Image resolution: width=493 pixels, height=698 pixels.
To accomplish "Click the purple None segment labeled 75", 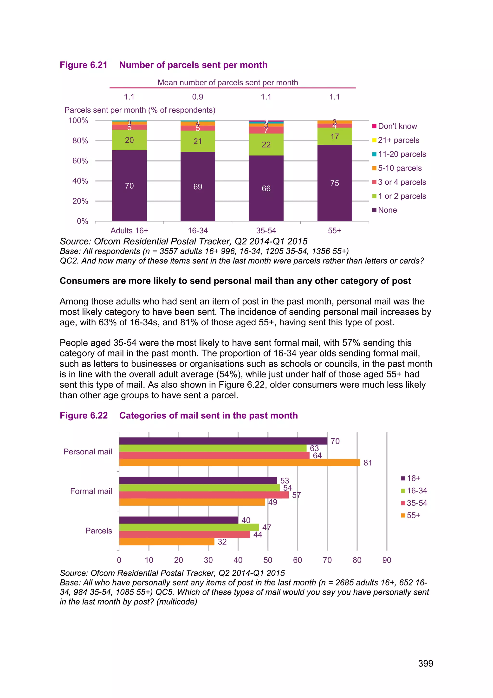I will tap(335, 183).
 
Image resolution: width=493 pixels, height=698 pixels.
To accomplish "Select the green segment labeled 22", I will tap(266, 144).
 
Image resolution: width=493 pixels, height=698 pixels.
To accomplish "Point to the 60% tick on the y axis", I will tap(80, 161).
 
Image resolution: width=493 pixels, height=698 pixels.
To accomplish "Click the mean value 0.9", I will tap(198, 97).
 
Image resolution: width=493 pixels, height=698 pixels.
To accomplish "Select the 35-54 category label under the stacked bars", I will tap(266, 230).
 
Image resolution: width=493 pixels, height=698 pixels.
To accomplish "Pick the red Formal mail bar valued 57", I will tap(204, 495).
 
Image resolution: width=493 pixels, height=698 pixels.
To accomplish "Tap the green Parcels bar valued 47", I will tap(189, 527).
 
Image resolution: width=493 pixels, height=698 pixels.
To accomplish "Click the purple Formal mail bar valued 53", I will tap(198, 480).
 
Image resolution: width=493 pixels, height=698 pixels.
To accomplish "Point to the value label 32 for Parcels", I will tap(222, 542).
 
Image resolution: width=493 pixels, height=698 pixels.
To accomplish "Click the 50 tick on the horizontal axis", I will tap(267, 560).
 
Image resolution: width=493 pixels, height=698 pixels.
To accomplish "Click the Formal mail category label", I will tap(91, 491).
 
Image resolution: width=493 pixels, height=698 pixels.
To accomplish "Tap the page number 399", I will tap(425, 663).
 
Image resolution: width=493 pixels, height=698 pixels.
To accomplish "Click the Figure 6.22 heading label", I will tap(84, 415).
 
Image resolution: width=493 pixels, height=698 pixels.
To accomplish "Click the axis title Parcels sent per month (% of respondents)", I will tap(140, 110).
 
